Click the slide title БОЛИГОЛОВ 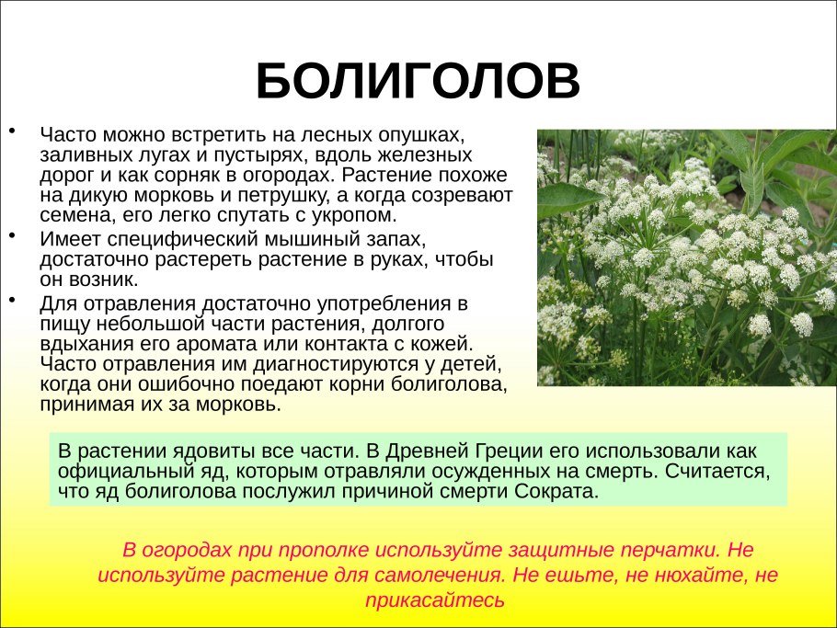pyautogui.click(x=418, y=83)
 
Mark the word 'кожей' pyautogui.click(x=438, y=344)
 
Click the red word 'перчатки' pyautogui.click(x=672, y=551)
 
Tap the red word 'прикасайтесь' pyautogui.click(x=436, y=600)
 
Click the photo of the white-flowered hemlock pyautogui.click(x=686, y=257)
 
